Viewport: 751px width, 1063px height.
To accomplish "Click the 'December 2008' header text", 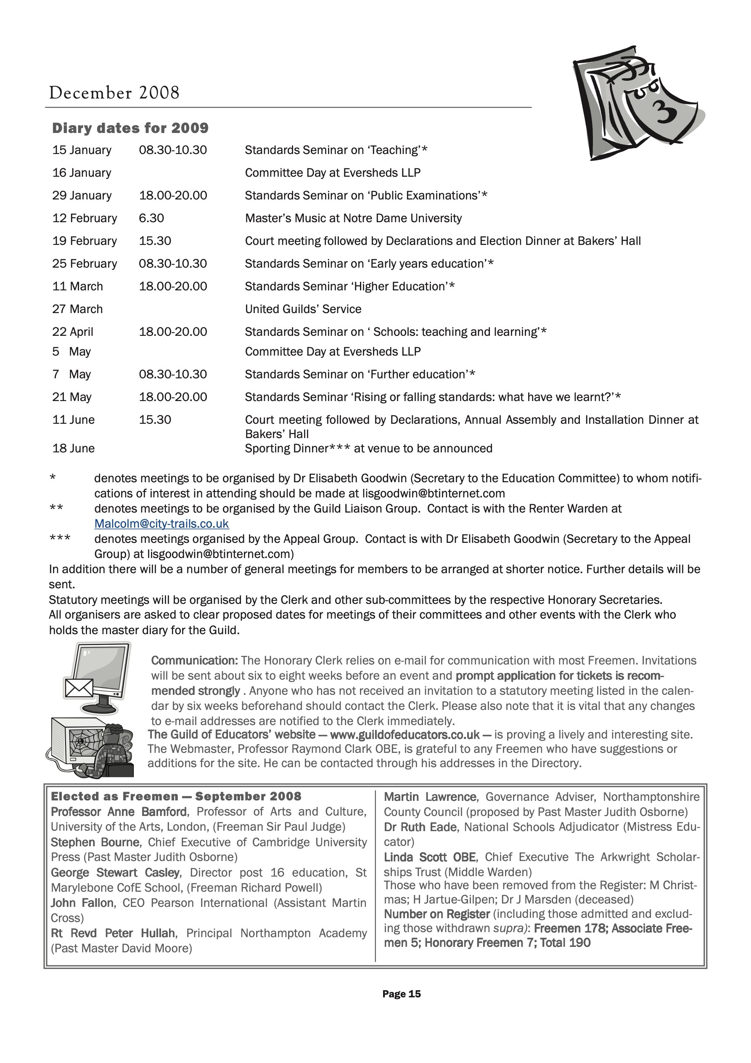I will tap(114, 93).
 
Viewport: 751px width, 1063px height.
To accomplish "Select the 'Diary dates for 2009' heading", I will tap(130, 128).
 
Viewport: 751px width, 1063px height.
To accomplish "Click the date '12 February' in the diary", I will tap(85, 218).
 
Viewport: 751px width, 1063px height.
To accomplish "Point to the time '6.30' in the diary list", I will tap(151, 218).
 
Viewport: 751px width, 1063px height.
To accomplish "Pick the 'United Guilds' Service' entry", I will tap(303, 309).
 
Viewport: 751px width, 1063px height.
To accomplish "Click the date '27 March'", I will tap(77, 309).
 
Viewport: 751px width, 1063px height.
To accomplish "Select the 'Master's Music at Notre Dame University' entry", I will tap(353, 218).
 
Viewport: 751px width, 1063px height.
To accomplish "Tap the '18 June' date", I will tap(73, 448).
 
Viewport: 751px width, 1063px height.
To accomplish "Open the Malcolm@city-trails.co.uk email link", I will tap(161, 524).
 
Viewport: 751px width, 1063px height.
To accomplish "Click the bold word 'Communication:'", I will tap(194, 660).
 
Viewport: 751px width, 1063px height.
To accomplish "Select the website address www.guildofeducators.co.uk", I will tap(405, 734).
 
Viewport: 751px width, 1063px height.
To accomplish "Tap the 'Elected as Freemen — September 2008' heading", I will tap(176, 796).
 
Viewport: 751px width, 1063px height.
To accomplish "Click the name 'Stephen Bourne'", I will tap(95, 842).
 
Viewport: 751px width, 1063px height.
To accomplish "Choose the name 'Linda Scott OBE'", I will tap(429, 857).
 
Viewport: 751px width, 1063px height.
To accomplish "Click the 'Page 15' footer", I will tap(401, 994).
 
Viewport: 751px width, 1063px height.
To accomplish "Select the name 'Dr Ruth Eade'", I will tap(420, 827).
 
